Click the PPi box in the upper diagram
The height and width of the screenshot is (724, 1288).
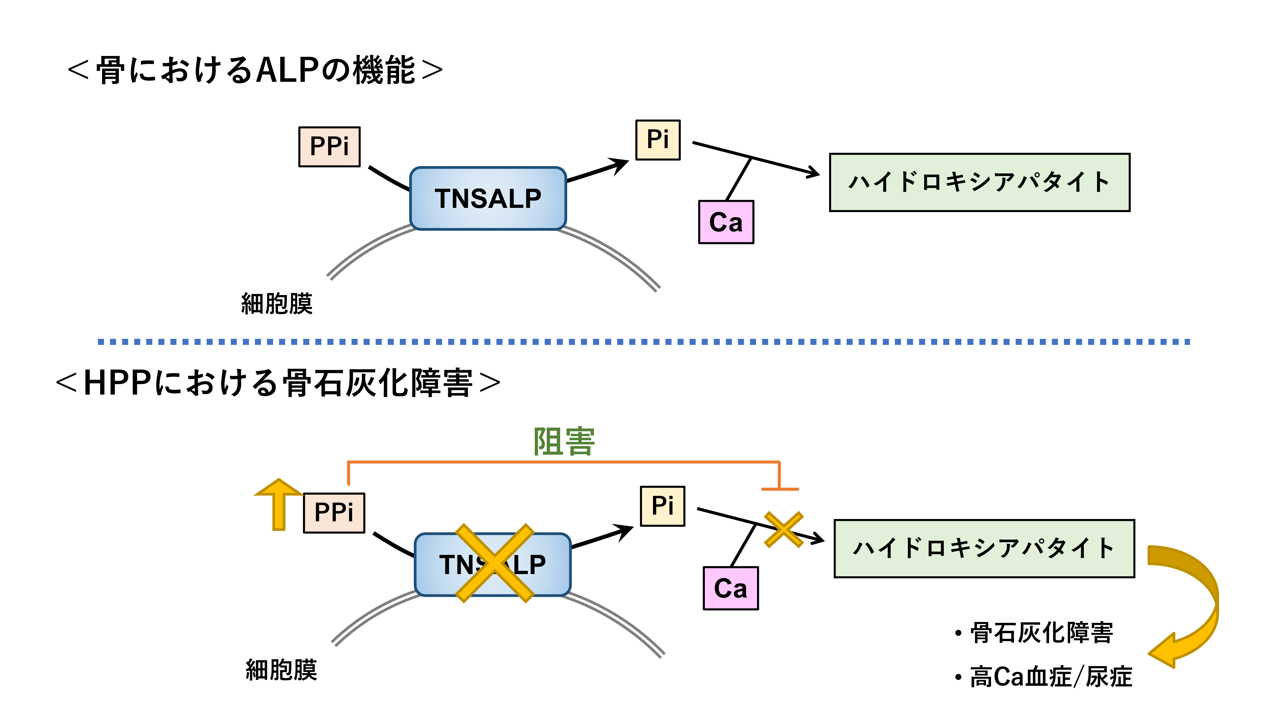coord(329,146)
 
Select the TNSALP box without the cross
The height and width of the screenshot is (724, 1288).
coord(488,198)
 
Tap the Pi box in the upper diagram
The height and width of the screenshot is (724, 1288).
coord(658,140)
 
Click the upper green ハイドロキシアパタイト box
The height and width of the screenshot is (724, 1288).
coord(979,182)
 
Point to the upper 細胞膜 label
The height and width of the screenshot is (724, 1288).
coord(277,304)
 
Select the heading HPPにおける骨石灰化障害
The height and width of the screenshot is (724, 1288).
coord(278,383)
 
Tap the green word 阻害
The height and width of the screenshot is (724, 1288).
coord(564,442)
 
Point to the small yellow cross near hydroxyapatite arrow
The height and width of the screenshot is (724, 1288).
coord(783,530)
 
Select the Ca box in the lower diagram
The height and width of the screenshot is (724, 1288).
coord(731,589)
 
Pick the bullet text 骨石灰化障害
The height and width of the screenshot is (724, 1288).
coord(1041,633)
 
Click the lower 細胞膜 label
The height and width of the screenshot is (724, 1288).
coord(281,670)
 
